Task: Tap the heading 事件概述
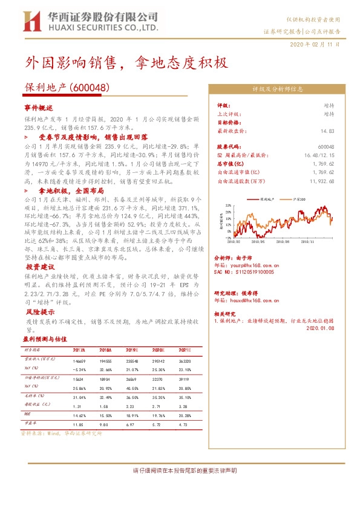pos(38,106)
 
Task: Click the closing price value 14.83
pos(327,131)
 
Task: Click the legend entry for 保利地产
pos(266,198)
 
